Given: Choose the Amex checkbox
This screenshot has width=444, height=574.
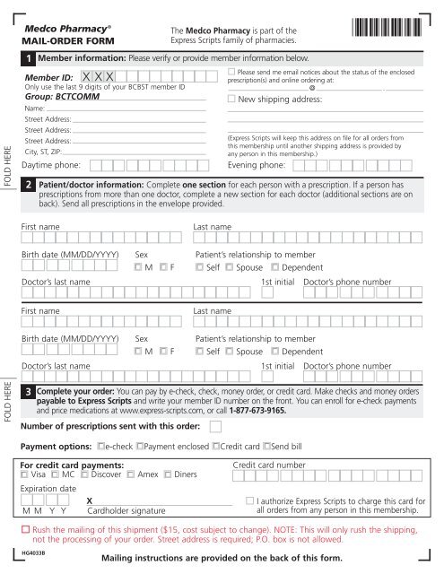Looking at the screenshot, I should pos(132,474).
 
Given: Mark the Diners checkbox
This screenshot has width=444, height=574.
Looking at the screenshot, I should pos(168,474).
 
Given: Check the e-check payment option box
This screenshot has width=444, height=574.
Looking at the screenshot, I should pos(102,446).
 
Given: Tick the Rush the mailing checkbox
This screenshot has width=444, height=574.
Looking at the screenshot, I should pos(25,529).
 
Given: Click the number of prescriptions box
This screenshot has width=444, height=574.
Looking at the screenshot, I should pos(215,426).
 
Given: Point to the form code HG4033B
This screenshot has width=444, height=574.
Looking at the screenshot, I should pos(33,553).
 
